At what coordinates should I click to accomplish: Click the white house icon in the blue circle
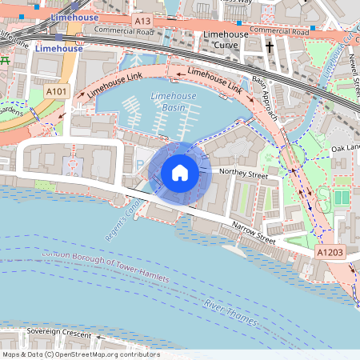(x=180, y=172)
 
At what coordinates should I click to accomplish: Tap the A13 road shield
(x=142, y=20)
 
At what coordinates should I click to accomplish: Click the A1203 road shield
(x=330, y=252)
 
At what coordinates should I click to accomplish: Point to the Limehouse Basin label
(x=168, y=102)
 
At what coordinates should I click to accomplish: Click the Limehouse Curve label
(x=225, y=41)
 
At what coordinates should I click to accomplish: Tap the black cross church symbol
(x=270, y=47)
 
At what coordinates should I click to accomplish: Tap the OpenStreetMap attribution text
(x=80, y=354)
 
